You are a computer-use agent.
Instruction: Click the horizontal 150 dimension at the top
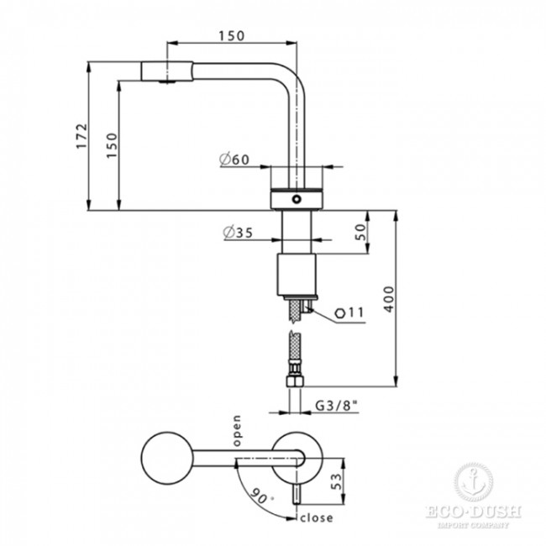[233, 35]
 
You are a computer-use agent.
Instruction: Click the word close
[318, 517]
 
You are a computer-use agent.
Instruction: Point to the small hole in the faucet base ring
[295, 200]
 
